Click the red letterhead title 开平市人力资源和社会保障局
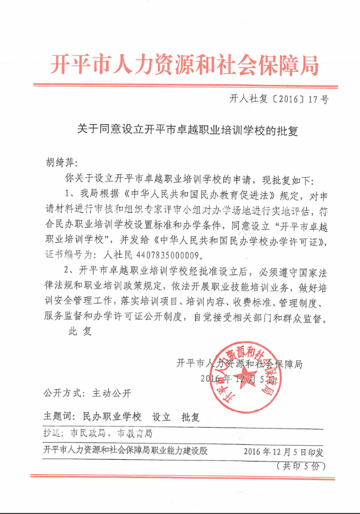[x=184, y=65]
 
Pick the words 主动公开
[x=112, y=394]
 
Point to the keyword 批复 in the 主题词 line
[x=190, y=416]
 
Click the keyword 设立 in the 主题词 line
[x=161, y=416]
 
